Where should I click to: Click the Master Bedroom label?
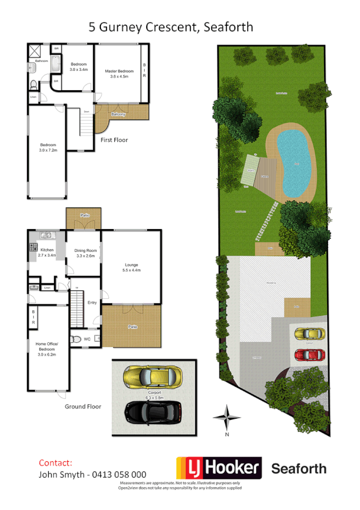[x=118, y=72]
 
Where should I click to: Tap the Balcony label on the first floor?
[x=118, y=114]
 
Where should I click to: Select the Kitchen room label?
[x=47, y=250]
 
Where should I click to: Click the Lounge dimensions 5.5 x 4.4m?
[x=132, y=271]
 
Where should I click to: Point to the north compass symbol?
[x=227, y=416]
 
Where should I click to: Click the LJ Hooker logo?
[x=219, y=469]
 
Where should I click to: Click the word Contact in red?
[x=55, y=463]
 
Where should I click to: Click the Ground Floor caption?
[x=83, y=407]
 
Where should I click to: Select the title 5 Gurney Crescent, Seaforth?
[x=171, y=27]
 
